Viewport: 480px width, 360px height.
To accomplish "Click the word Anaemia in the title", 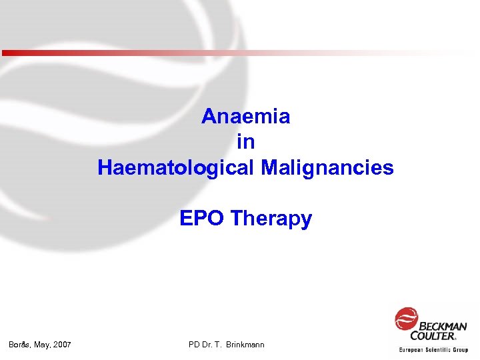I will (245, 117).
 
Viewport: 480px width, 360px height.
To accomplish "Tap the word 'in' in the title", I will (245, 142).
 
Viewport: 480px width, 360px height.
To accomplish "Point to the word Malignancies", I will (328, 167).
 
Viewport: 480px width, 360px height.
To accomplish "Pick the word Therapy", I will (271, 219).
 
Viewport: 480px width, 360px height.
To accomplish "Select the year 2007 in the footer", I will (63, 345).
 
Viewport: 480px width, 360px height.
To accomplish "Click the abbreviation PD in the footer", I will (195, 345).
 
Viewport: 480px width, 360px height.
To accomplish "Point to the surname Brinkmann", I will (245, 345).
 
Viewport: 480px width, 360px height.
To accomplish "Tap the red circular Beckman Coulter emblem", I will (407, 318).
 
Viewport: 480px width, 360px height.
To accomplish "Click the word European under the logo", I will (414, 349).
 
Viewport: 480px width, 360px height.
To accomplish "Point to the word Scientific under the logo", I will (441, 349).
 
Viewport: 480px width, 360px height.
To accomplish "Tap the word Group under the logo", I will (461, 349).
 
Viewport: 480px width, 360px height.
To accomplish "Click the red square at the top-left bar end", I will (5, 53).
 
